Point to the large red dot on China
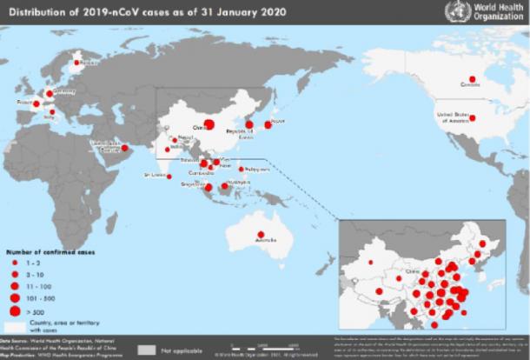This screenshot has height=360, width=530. point(209,124)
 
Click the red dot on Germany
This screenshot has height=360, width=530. point(49,93)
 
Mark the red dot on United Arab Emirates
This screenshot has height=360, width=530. point(124,147)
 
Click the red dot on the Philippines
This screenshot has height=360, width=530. point(241,169)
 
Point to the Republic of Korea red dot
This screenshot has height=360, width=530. point(249,124)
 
